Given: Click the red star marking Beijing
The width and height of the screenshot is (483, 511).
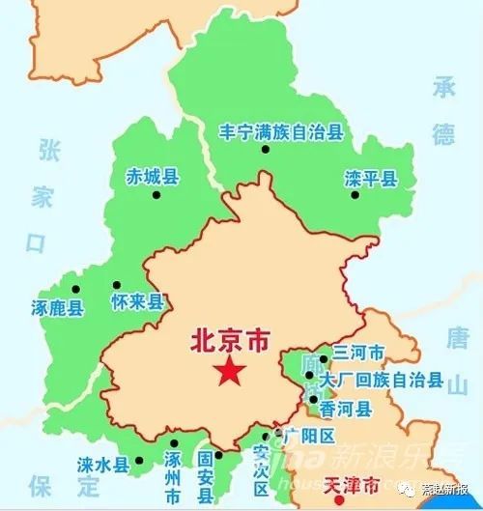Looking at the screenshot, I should click(x=230, y=371).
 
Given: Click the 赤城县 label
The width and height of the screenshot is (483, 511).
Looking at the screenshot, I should click(x=153, y=177).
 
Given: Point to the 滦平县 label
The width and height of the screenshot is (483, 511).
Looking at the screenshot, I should click(x=370, y=178).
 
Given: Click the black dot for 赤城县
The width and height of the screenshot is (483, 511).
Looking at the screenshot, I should click(x=156, y=195).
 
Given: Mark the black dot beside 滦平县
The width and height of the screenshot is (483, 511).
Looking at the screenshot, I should click(x=355, y=196).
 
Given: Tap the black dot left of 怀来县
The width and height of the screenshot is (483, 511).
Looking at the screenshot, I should click(x=103, y=287).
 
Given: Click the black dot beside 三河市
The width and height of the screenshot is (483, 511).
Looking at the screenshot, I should click(x=323, y=358).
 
